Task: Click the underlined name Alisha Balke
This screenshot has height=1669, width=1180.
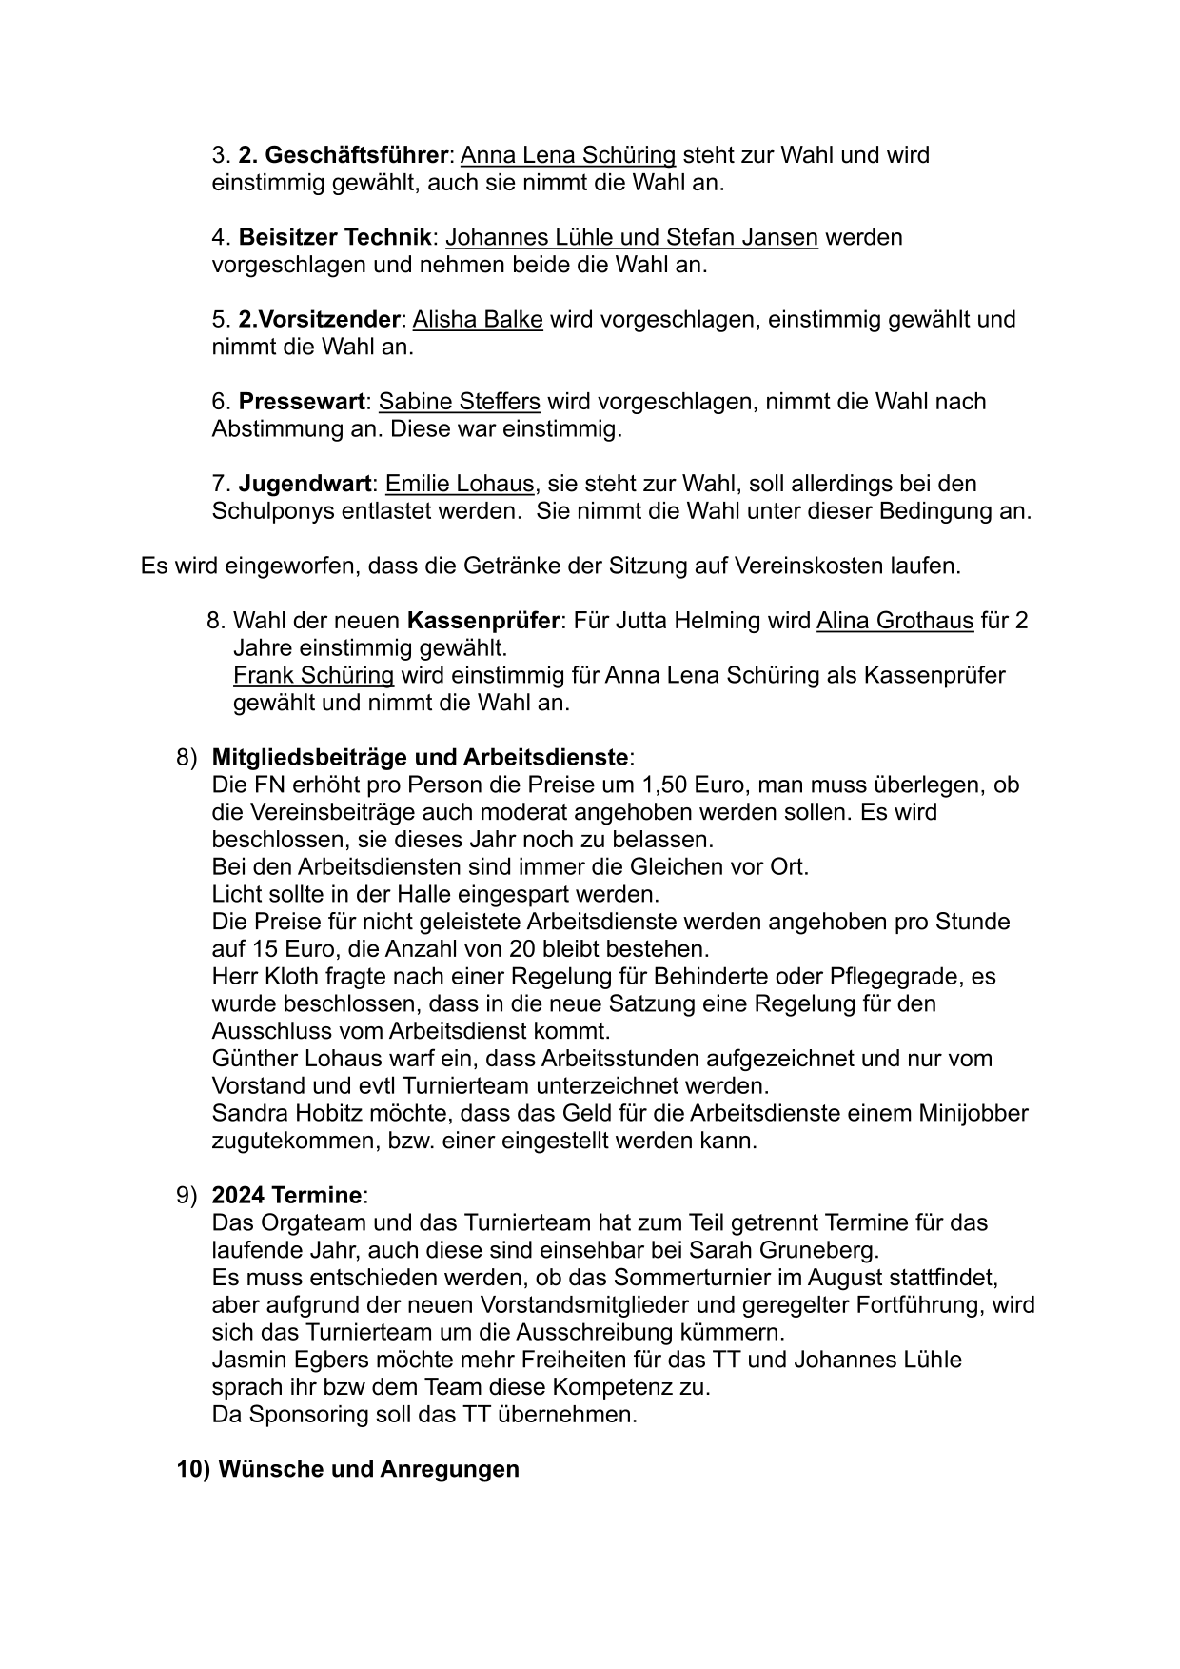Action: point(478,319)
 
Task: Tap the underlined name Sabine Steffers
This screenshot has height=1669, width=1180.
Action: point(459,402)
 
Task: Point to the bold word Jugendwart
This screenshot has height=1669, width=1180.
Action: point(304,484)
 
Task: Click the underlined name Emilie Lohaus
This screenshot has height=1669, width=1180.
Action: point(460,484)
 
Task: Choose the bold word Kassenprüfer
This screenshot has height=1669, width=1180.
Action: point(482,622)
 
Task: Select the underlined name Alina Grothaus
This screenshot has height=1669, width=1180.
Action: point(895,622)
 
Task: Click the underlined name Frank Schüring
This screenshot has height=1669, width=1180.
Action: point(313,676)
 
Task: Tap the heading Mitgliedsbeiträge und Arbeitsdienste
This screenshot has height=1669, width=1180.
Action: point(420,758)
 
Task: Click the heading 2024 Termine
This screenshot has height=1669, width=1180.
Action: point(286,1195)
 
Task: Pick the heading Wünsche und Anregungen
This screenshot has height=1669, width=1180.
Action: point(368,1469)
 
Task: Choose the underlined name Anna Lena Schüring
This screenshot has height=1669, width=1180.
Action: point(568,154)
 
